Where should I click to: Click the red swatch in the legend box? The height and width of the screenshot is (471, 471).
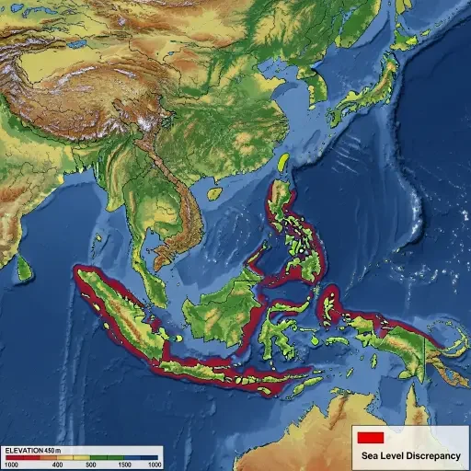(370, 437)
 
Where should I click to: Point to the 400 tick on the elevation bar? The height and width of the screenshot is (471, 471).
(57, 465)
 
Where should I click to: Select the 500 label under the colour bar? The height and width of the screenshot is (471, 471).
(104, 465)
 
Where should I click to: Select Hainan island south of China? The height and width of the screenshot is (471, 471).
(213, 194)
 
